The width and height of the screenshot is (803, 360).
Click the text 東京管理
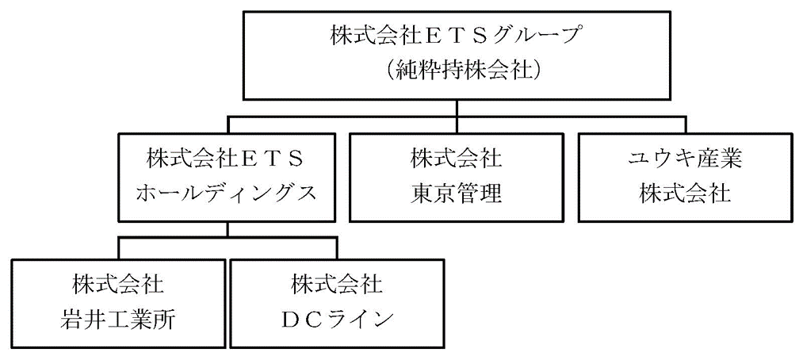point(456,193)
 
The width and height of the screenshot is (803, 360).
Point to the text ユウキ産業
point(685,159)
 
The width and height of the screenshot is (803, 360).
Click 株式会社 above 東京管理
point(456,159)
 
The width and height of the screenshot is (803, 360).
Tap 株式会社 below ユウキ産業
point(685,193)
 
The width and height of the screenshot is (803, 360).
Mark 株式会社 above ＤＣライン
point(336,284)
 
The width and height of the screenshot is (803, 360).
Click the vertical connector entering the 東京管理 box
point(456,124)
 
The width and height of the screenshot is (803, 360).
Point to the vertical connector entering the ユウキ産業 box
point(685,124)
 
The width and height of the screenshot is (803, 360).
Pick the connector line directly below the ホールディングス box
point(228,229)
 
